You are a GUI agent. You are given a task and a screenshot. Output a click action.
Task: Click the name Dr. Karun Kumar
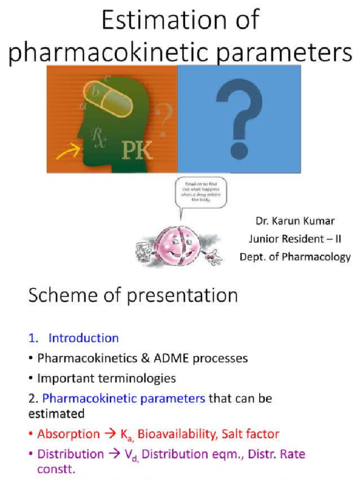(295, 221)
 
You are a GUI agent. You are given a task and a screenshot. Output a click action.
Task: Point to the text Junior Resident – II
(295, 239)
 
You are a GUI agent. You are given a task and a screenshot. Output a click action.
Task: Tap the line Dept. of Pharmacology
(295, 257)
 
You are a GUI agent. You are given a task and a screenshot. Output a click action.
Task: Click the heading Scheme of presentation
(133, 296)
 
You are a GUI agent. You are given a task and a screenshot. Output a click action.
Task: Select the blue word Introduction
(83, 338)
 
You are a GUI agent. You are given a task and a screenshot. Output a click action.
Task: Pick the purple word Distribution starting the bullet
(70, 454)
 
